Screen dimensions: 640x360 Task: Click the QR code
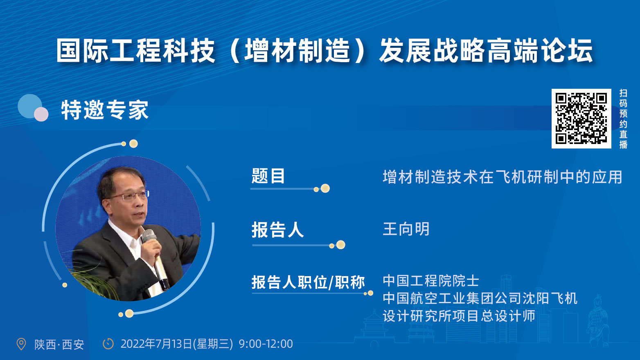(x=581, y=119)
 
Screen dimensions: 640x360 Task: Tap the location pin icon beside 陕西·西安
(x=21, y=344)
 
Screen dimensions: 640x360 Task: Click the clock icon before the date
(x=108, y=344)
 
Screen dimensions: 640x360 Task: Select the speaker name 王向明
(x=406, y=229)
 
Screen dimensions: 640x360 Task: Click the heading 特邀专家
(x=105, y=110)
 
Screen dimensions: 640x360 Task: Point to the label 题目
(x=268, y=176)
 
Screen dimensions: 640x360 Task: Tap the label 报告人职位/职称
(x=308, y=282)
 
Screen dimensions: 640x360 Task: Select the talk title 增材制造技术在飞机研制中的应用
(x=502, y=177)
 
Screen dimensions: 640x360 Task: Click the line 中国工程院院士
(x=430, y=281)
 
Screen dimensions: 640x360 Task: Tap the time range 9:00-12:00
(x=266, y=344)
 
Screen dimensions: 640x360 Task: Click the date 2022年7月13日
(x=156, y=344)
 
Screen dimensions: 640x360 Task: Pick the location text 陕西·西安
(x=59, y=344)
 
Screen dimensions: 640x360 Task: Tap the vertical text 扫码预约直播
(x=623, y=119)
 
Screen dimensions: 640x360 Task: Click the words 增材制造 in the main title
(x=297, y=51)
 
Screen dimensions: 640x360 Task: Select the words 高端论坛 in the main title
(x=539, y=51)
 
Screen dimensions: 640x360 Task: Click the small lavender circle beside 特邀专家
(x=41, y=114)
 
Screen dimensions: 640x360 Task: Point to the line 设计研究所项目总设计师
(x=459, y=316)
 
